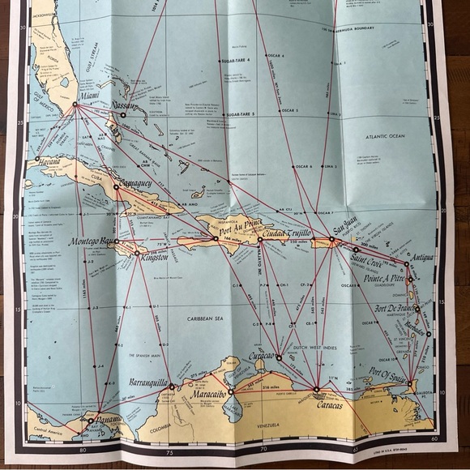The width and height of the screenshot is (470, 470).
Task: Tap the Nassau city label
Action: (126, 106)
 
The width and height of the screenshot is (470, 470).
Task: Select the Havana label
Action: (49, 161)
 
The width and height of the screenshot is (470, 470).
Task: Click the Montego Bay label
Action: (90, 241)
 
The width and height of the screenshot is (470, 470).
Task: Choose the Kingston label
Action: (154, 257)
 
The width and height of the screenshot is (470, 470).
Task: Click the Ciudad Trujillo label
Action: (286, 235)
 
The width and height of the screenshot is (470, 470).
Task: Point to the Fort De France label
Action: (396, 308)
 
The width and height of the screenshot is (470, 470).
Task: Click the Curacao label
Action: (262, 355)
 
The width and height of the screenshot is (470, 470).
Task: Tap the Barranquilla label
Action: (148, 382)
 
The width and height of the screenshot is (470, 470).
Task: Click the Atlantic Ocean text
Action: (384, 136)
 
